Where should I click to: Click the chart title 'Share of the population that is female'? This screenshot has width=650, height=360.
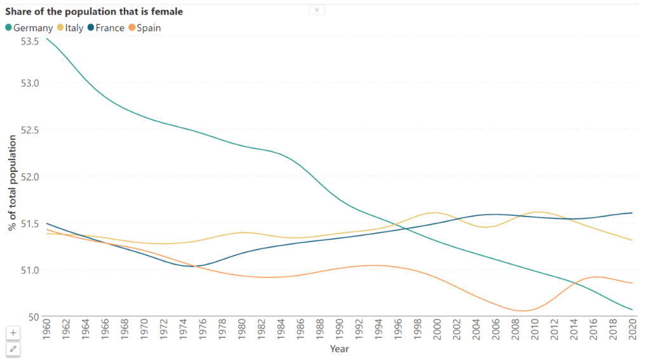[x=94, y=11]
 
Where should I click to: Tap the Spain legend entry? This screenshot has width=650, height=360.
[x=144, y=28]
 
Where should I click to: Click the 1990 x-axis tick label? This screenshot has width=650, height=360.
[x=339, y=331]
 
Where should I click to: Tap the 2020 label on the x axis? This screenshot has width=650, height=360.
[x=632, y=331]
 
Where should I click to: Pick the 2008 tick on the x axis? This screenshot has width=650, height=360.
[x=515, y=331]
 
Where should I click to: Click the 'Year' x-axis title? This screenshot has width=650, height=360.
[x=339, y=349]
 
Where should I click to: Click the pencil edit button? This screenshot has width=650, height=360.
[x=13, y=349]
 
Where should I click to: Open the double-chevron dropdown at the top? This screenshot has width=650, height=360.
[x=317, y=10]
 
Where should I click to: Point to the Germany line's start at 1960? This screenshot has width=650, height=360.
[x=46, y=39]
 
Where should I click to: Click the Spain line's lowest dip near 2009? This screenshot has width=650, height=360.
[x=524, y=310]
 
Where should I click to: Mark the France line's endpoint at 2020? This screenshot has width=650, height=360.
[x=632, y=213]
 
